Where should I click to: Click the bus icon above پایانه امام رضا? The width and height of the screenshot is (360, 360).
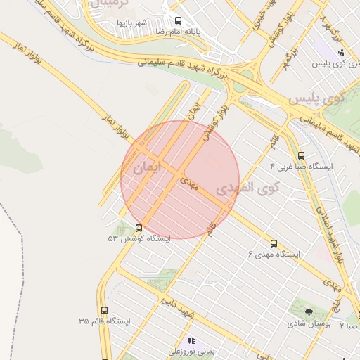coord(177,21)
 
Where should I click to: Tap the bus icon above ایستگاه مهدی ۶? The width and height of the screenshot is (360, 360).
coord(274,243)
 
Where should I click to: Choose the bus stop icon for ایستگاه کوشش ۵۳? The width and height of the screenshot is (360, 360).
coord(138,229)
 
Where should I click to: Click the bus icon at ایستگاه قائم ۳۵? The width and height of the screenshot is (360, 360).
coord(105,310)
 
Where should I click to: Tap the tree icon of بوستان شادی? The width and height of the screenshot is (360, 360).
coord(309,312)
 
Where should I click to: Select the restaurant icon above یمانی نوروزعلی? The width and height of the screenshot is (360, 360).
coord(191,340)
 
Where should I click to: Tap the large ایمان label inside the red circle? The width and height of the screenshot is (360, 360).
coord(147,168)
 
